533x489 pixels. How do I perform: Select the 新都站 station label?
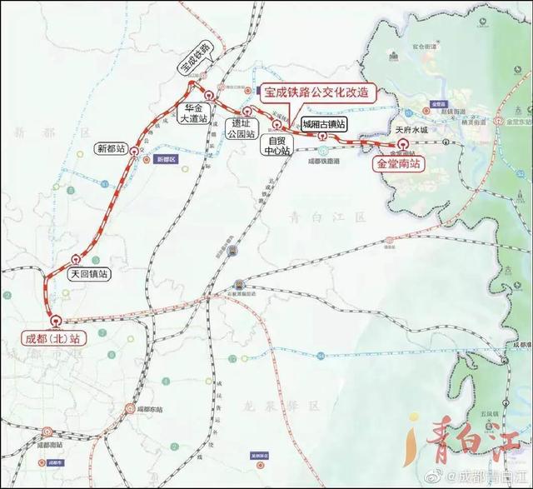110,149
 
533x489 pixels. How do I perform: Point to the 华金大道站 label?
193,112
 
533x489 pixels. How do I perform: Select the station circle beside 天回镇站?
77,259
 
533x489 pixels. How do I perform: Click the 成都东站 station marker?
130,408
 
